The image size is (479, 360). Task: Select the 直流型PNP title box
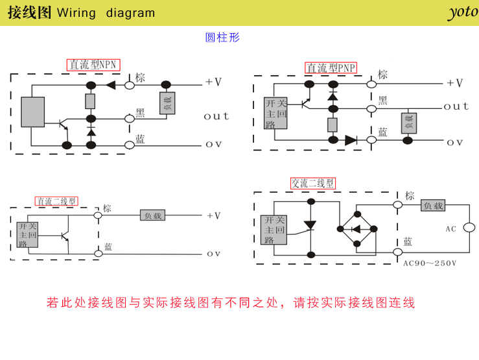(331, 68)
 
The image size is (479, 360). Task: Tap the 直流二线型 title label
(56, 201)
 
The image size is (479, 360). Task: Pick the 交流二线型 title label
(313, 184)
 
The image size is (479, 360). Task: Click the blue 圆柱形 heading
(222, 38)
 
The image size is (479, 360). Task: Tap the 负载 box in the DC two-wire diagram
(153, 215)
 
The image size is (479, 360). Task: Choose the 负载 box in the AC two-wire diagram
(434, 206)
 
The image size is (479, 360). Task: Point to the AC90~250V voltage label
(430, 263)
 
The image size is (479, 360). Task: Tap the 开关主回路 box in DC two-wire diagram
(28, 234)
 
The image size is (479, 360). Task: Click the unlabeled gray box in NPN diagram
(32, 112)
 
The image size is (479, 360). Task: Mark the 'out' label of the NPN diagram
(216, 116)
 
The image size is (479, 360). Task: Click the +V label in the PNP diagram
(454, 83)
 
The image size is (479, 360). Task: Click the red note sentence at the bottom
(231, 302)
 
